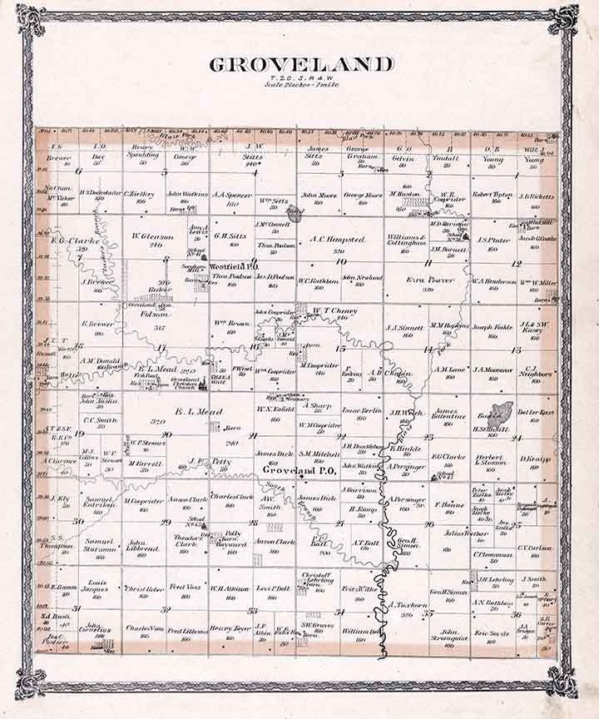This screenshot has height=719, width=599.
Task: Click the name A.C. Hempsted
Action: [338, 240]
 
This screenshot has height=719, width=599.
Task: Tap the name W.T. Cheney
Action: [334, 311]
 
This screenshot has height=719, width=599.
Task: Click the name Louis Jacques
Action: [93, 588]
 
